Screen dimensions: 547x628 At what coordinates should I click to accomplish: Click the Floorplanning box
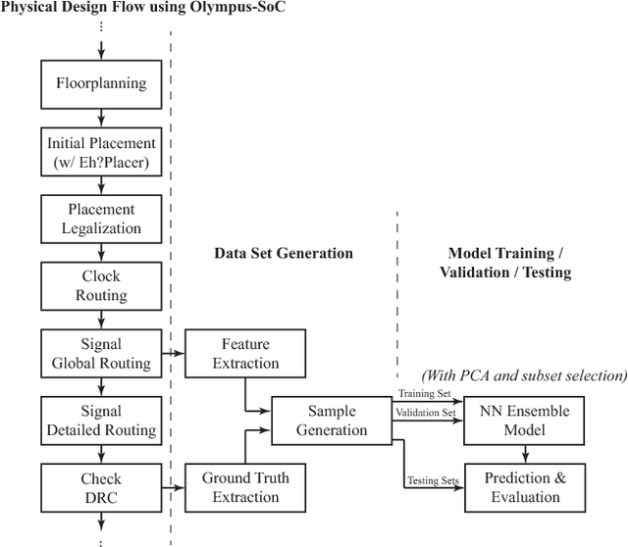click(x=101, y=84)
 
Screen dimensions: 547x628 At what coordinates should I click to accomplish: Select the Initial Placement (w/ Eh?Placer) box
click(x=101, y=151)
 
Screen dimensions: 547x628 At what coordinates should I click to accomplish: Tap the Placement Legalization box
click(x=101, y=219)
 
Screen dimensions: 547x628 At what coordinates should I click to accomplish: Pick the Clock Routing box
click(x=101, y=285)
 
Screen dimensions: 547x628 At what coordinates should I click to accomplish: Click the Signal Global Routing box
click(x=101, y=352)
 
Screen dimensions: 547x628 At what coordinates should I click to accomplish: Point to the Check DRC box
click(x=101, y=486)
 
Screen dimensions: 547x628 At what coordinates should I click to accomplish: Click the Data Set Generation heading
click(x=283, y=253)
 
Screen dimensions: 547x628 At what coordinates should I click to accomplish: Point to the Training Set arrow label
click(x=426, y=394)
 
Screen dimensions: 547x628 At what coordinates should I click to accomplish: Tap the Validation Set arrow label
click(x=426, y=413)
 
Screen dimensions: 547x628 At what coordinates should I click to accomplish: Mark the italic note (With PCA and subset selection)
click(x=522, y=374)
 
